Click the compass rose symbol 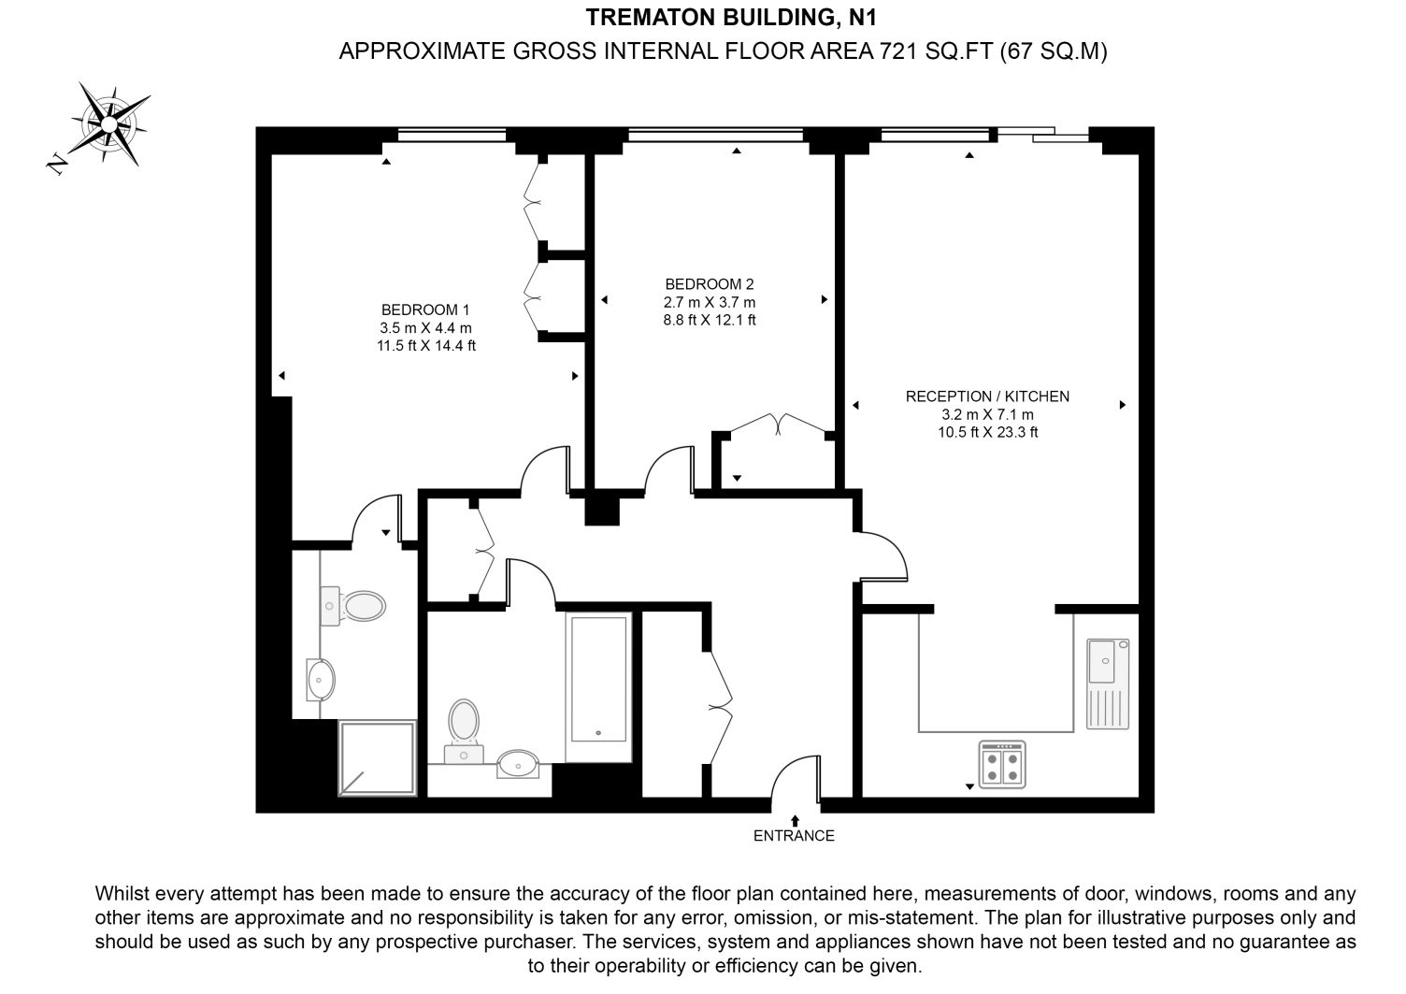point(109,123)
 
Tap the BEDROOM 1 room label point(425,310)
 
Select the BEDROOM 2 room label point(710,284)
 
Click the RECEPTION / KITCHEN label point(987,396)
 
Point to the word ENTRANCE point(794,836)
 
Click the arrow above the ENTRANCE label point(795,820)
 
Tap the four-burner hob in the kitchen point(1002,764)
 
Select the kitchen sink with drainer point(1108,684)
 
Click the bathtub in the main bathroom point(598,687)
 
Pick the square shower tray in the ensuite point(378,758)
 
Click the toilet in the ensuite point(353,606)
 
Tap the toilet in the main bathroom point(464,731)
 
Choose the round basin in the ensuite point(321,680)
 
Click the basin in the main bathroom point(518,764)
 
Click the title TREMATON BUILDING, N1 point(731,18)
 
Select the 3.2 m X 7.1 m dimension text point(987,414)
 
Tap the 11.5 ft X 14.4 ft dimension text point(426,345)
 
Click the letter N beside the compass point(57,164)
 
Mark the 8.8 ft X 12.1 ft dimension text point(710,320)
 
